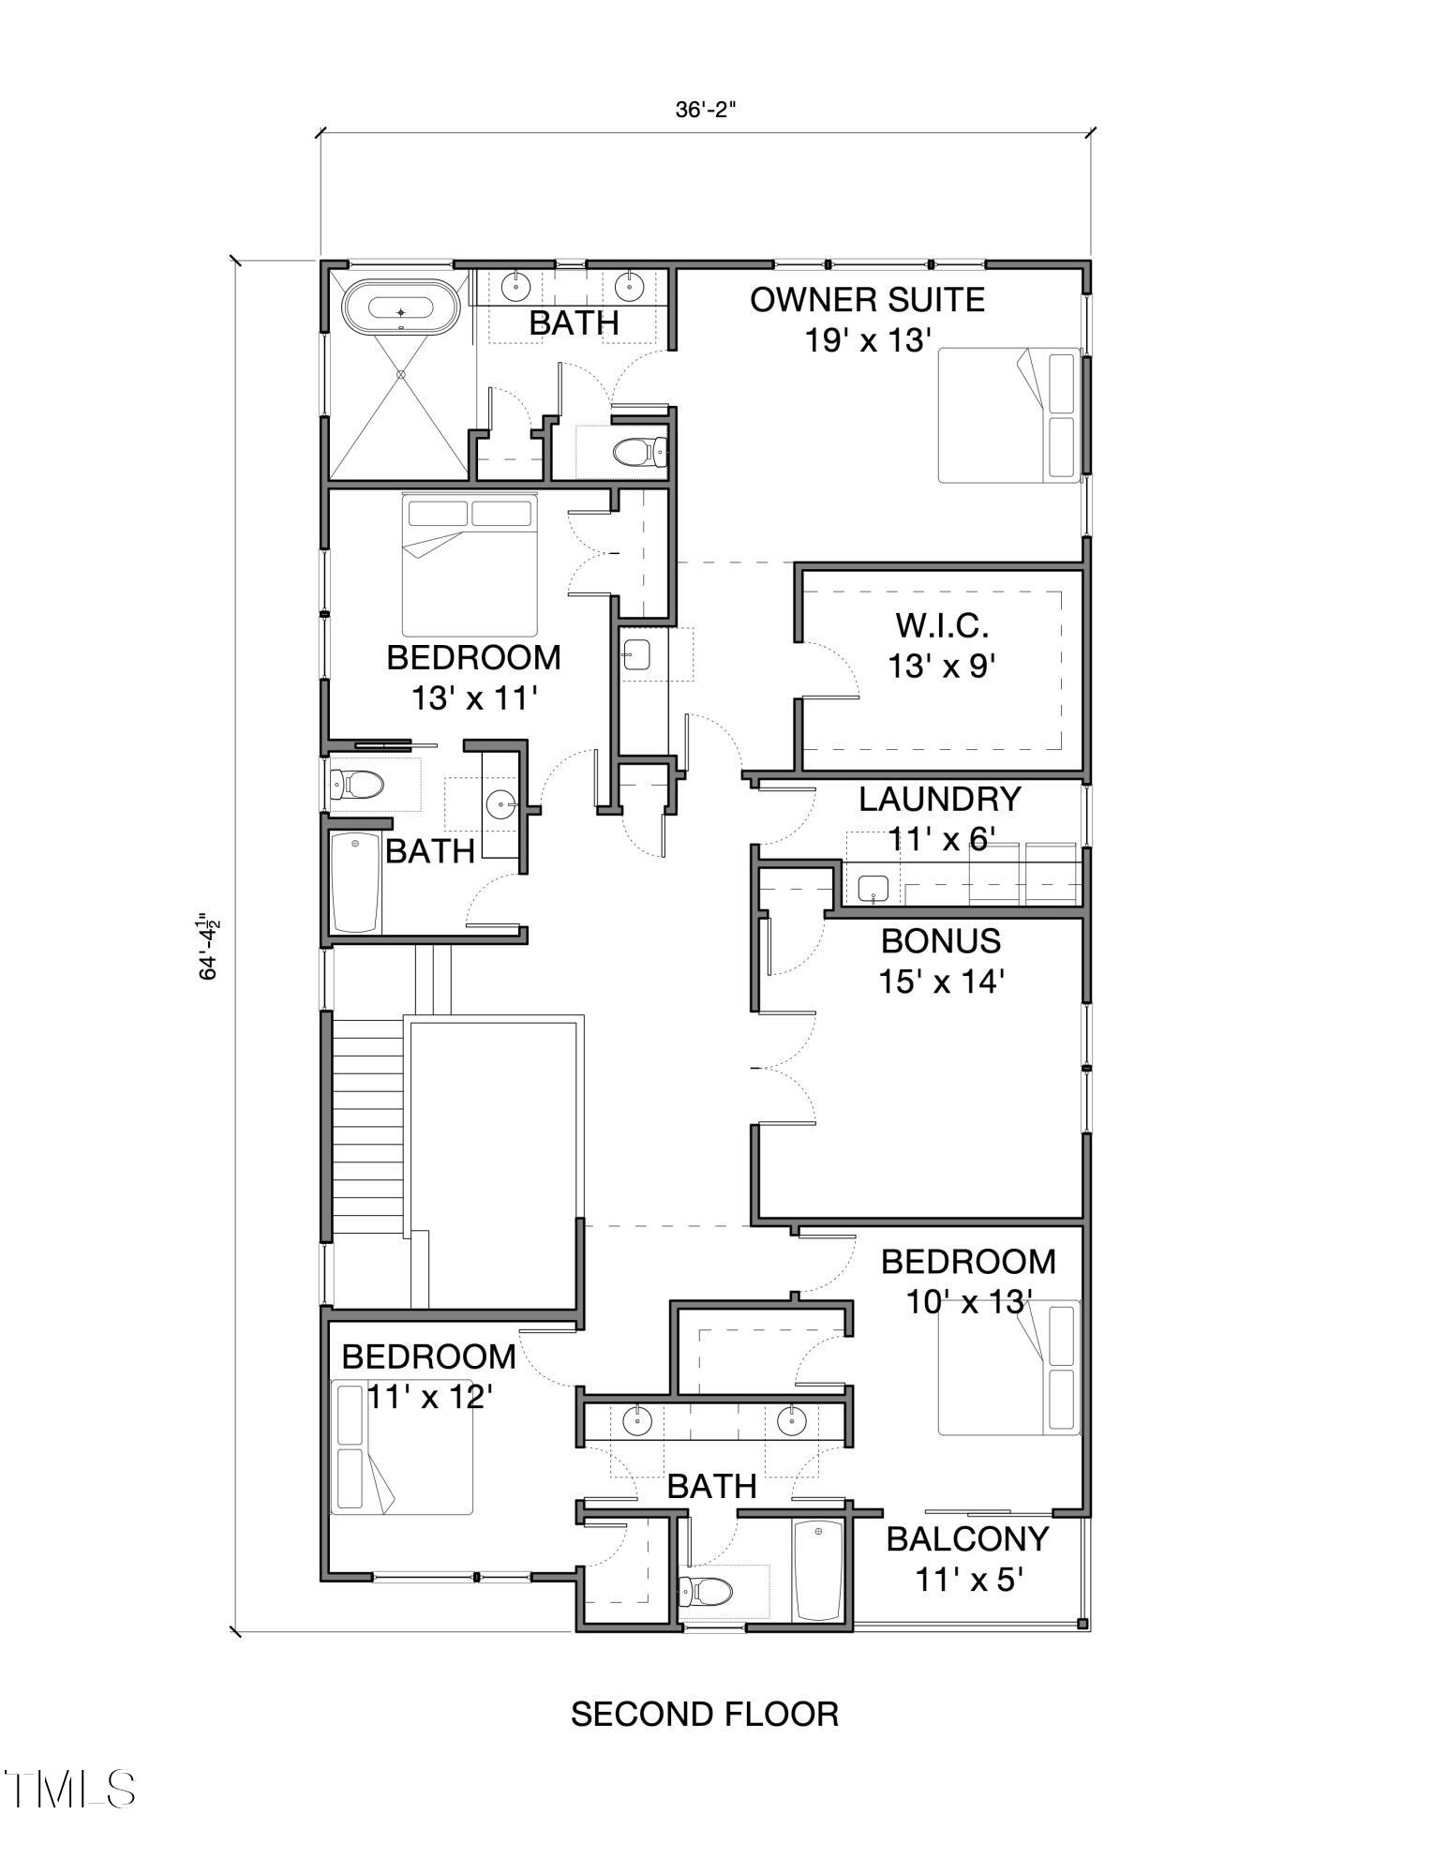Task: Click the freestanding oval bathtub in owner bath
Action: [x=401, y=310]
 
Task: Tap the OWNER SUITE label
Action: [x=867, y=301]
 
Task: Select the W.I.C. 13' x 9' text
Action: [x=940, y=646]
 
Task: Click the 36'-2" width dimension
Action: [x=706, y=110]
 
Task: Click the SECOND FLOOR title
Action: [x=705, y=1714]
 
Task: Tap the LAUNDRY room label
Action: [x=940, y=800]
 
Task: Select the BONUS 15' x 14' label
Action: [x=941, y=961]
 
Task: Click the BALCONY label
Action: [x=967, y=1538]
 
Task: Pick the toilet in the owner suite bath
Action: [x=639, y=454]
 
